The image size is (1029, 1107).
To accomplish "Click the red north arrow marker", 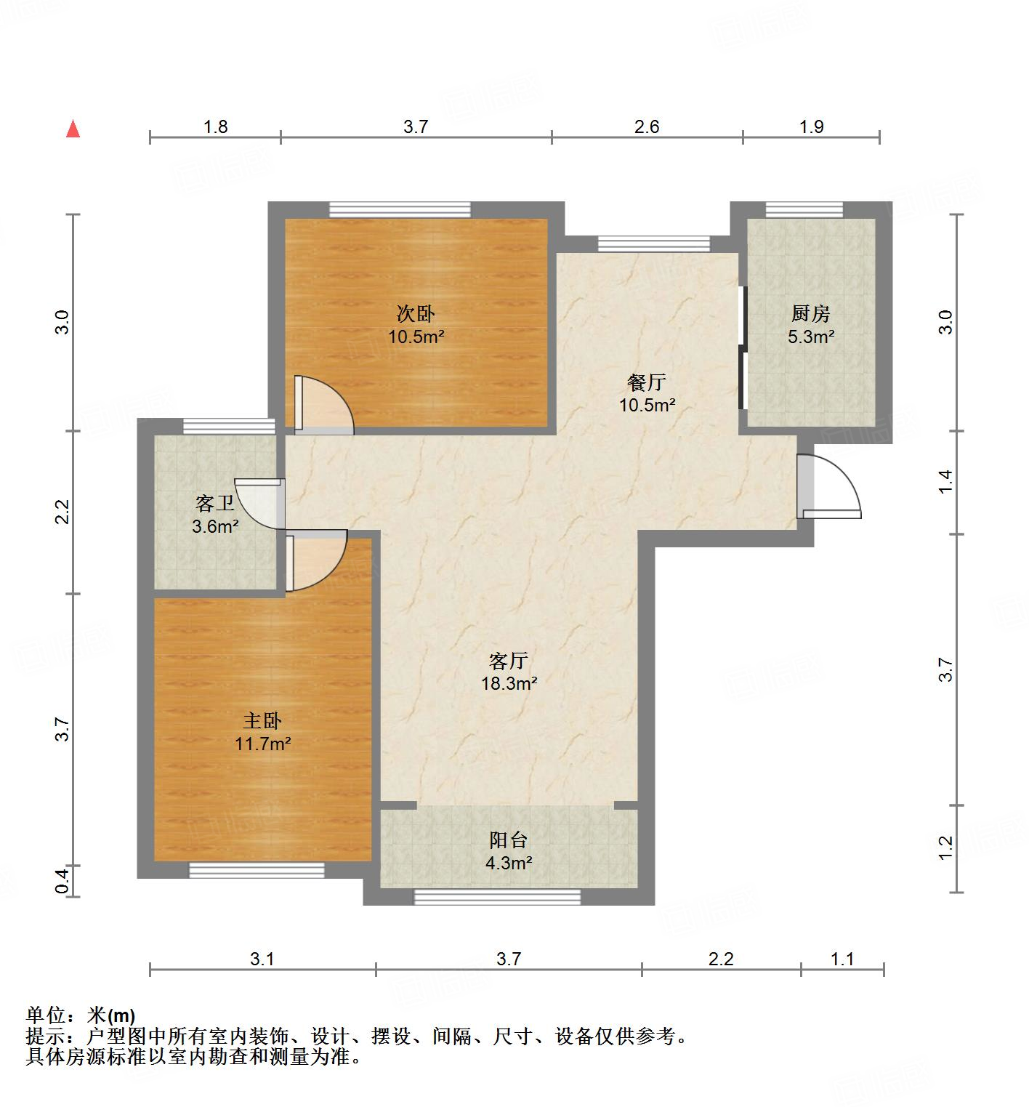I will click(x=73, y=129).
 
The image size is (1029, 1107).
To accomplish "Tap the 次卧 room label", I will click(x=416, y=313).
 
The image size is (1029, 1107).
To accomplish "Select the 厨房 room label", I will click(x=810, y=313).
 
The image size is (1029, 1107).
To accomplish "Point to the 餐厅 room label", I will click(x=646, y=382).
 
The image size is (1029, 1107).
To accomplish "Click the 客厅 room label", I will click(x=508, y=661).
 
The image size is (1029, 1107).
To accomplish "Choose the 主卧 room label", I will click(x=262, y=720).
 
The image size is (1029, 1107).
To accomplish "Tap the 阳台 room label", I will click(x=508, y=840).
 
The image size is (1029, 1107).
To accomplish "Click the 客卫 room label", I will click(x=214, y=503).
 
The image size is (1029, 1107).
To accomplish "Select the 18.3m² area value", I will click(x=509, y=683).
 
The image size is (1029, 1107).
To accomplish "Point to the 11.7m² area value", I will click(x=262, y=744).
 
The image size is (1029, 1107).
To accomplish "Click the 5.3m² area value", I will click(x=810, y=337).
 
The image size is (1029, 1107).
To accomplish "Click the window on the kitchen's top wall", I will click(x=804, y=210).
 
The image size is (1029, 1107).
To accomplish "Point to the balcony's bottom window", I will click(x=497, y=898).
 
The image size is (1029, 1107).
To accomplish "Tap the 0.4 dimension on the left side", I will click(x=63, y=881).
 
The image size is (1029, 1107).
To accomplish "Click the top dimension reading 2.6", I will click(x=646, y=127).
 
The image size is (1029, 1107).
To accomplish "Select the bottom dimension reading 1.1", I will click(x=842, y=959).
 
